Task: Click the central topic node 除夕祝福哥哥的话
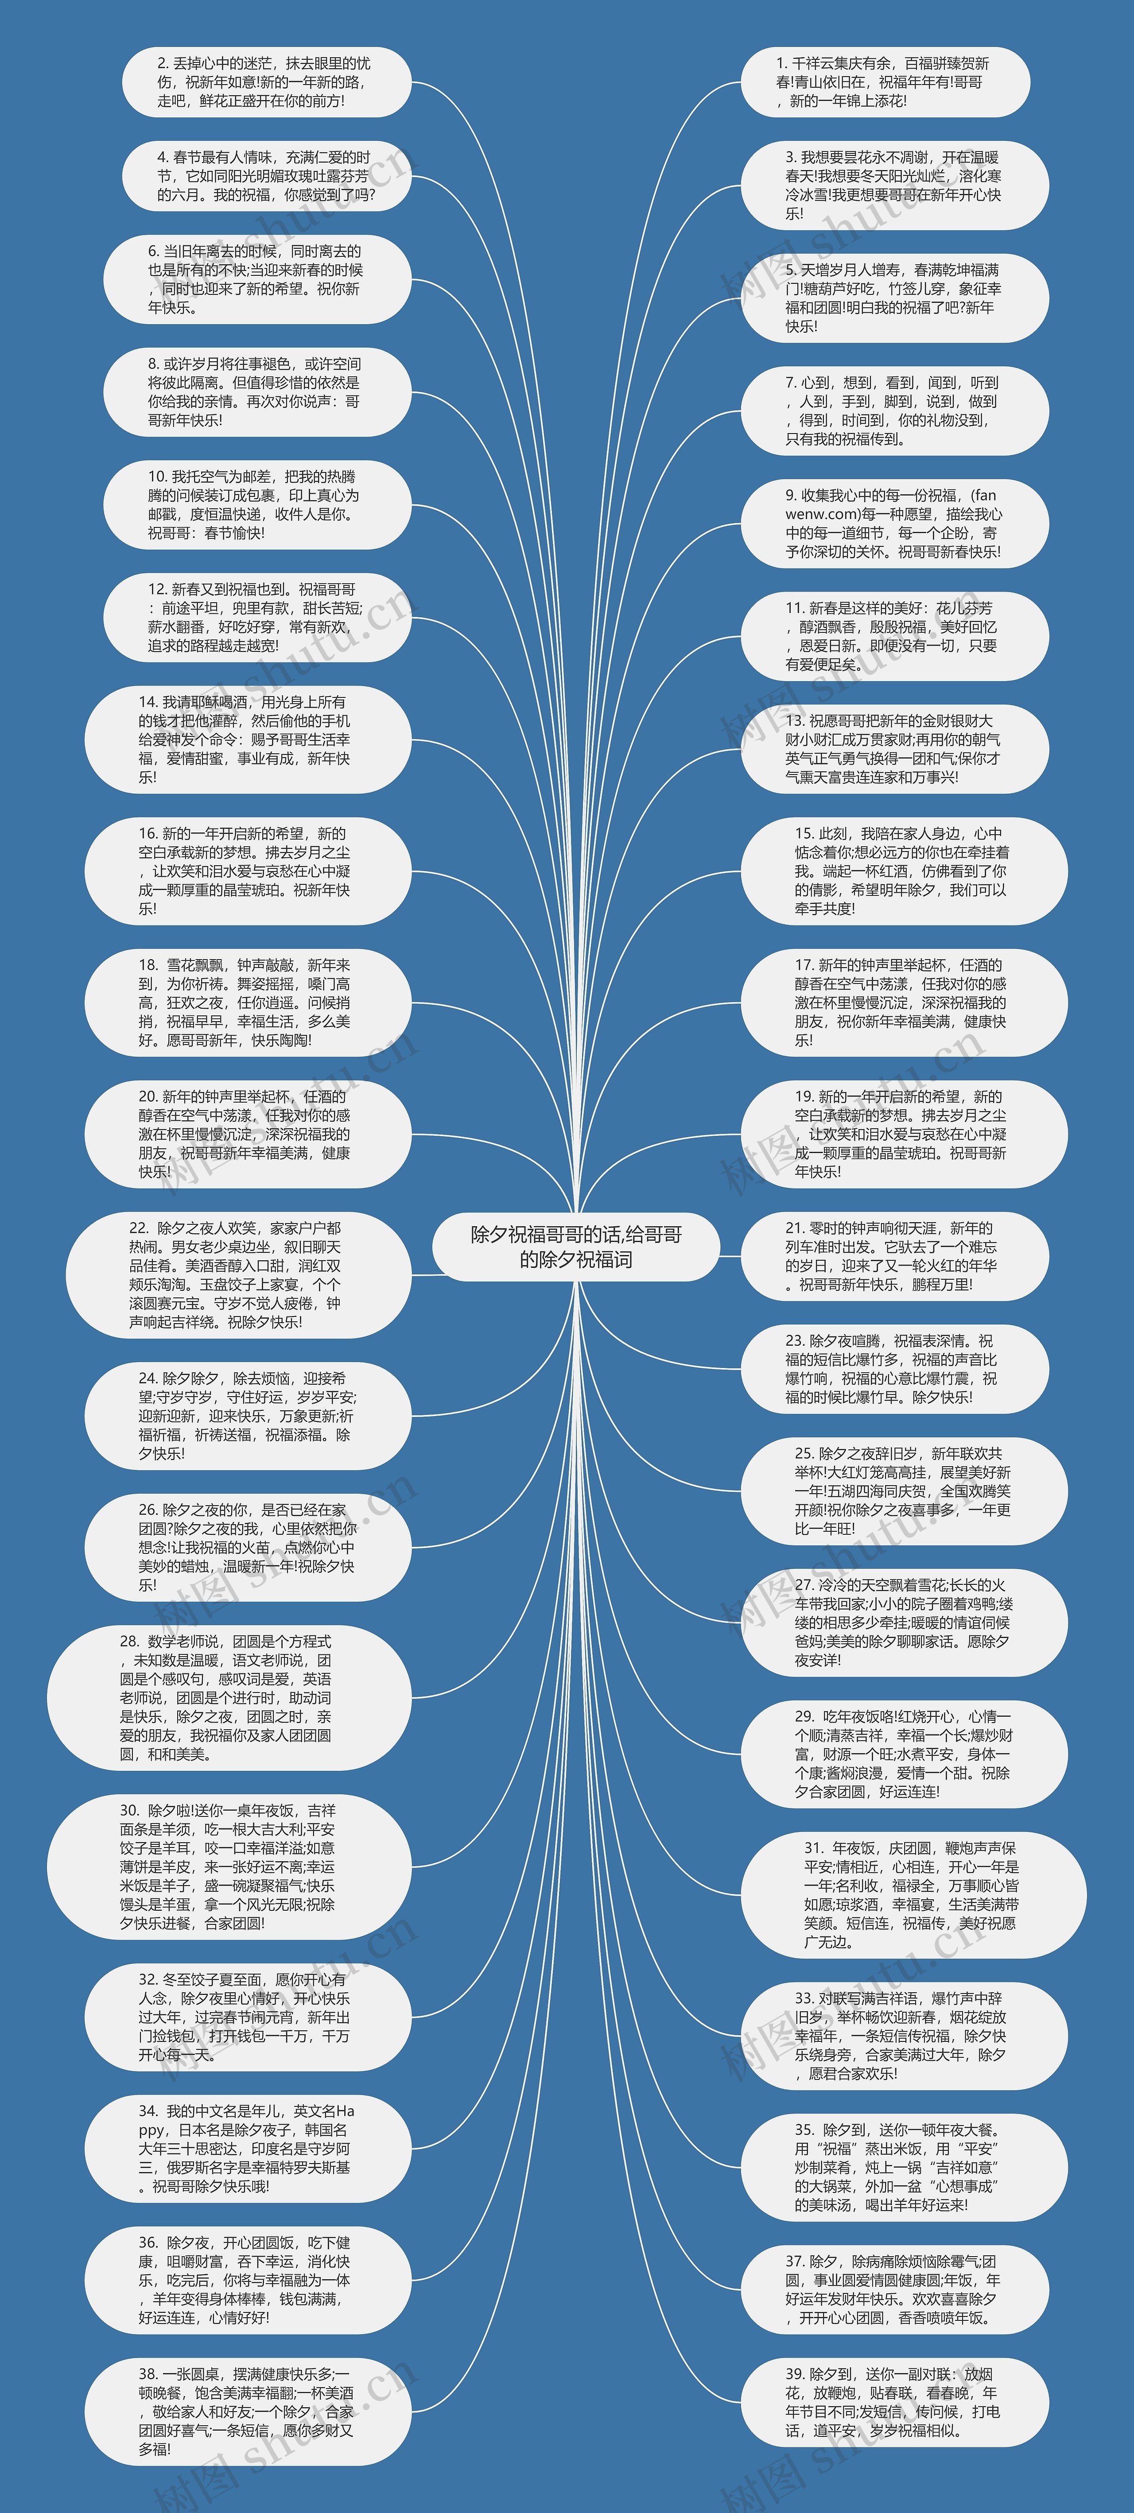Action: pyautogui.click(x=576, y=1247)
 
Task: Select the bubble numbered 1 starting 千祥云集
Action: pyautogui.click(x=886, y=82)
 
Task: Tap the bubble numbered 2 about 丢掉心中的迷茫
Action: pyautogui.click(x=265, y=82)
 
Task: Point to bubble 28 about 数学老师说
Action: pyautogui.click(x=229, y=1697)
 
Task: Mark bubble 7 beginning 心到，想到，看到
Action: pyautogui.click(x=894, y=410)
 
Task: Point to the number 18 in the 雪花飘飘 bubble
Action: pyautogui.click(x=148, y=965)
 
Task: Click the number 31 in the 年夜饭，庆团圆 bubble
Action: pyautogui.click(x=814, y=1848)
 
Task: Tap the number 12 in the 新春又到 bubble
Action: pyautogui.click(x=157, y=589)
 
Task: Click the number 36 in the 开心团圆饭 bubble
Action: pyautogui.click(x=148, y=2243)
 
